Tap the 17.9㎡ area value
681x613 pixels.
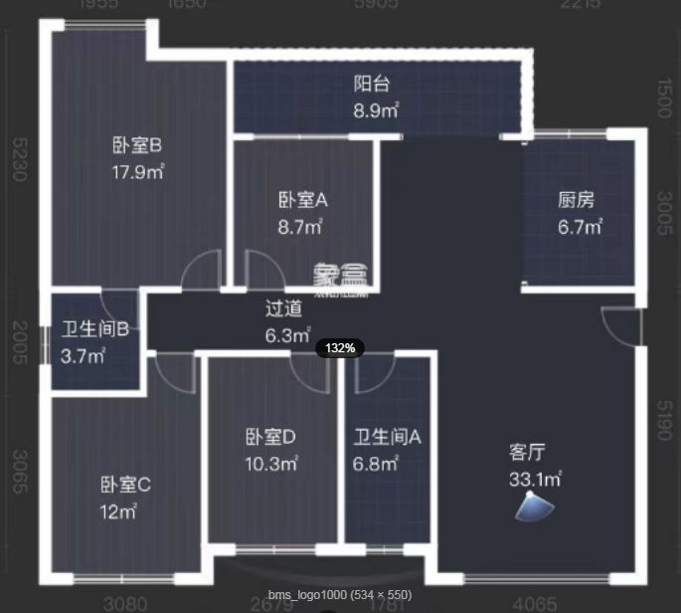pyautogui.click(x=137, y=171)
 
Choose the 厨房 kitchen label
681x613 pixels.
pyautogui.click(x=577, y=200)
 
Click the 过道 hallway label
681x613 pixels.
pyautogui.click(x=284, y=308)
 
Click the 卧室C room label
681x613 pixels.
pyautogui.click(x=124, y=486)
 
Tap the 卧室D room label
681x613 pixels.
pyautogui.click(x=270, y=437)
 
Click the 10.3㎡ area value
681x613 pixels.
pyautogui.click(x=272, y=463)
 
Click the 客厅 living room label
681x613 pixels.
pyautogui.click(x=527, y=453)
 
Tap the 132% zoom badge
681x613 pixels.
pyautogui.click(x=341, y=348)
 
